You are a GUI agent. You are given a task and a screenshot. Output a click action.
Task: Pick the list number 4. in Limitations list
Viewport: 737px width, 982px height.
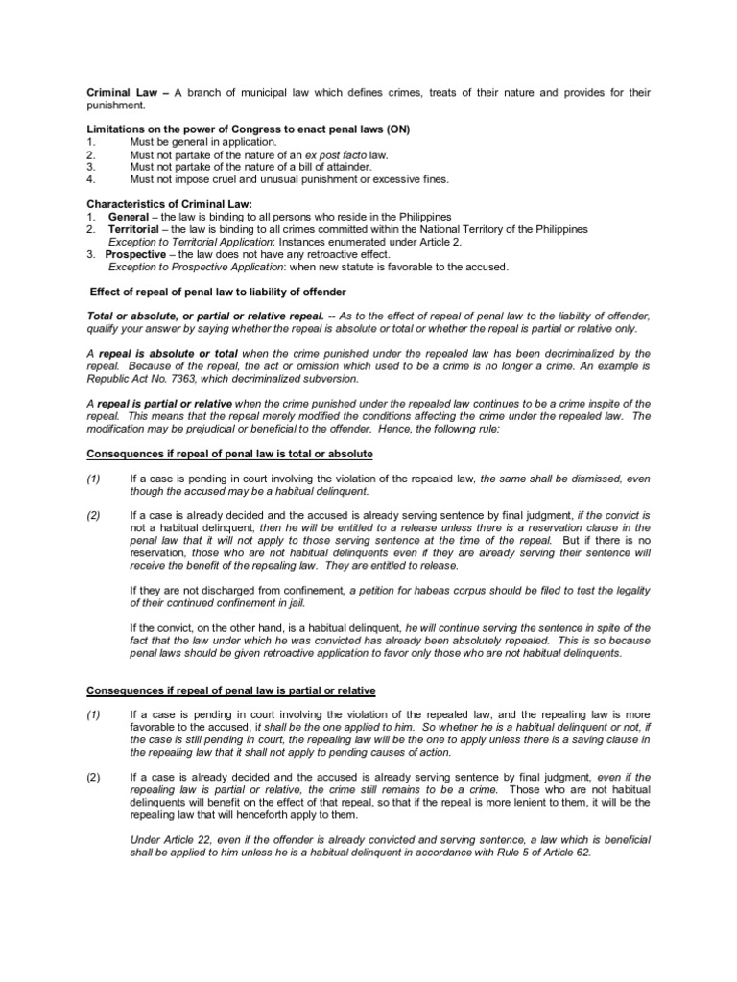click(91, 178)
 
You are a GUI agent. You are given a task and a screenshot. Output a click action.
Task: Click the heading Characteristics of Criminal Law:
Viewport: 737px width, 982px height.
click(169, 204)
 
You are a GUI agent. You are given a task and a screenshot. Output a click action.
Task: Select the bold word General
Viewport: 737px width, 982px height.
click(128, 217)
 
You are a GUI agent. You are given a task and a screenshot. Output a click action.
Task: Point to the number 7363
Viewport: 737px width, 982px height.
click(182, 378)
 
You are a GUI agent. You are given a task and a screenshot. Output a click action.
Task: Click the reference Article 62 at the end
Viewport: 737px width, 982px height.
click(563, 853)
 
